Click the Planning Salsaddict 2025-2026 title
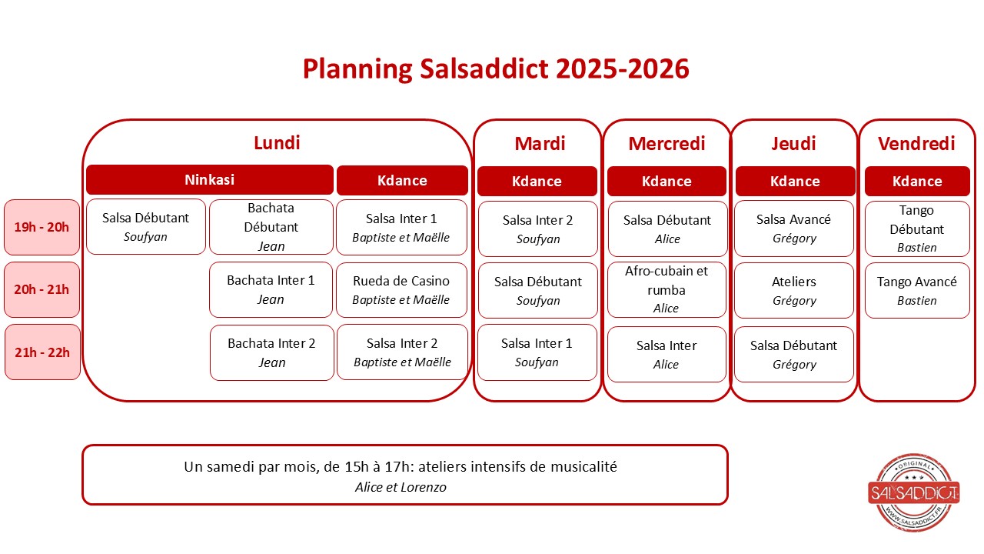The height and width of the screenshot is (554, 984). click(x=496, y=69)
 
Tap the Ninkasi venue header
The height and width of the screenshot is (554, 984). click(x=210, y=180)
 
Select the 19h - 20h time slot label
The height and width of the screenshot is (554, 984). click(x=42, y=227)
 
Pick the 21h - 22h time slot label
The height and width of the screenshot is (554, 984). click(x=42, y=352)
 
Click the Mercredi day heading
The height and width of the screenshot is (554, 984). click(x=667, y=144)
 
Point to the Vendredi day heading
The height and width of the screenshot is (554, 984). click(x=916, y=144)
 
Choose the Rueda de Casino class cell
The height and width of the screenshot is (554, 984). click(x=401, y=290)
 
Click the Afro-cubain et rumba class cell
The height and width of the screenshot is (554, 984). click(x=667, y=290)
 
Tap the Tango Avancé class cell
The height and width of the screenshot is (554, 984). click(x=917, y=290)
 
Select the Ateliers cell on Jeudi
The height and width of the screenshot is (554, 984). click(x=794, y=290)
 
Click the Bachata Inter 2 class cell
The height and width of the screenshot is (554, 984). click(x=272, y=352)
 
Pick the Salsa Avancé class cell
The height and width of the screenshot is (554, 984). click(x=794, y=229)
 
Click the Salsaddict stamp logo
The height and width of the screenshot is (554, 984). click(x=914, y=492)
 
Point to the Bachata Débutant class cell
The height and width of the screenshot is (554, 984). click(x=271, y=227)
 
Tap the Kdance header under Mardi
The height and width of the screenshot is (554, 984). click(x=537, y=181)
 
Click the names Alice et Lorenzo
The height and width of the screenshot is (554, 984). click(x=401, y=487)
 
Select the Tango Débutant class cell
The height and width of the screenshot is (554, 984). click(x=917, y=229)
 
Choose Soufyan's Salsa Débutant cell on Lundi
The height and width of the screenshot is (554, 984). click(x=146, y=227)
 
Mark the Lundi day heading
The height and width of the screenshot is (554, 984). click(x=277, y=143)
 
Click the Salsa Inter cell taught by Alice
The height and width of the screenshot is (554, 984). click(x=667, y=355)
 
